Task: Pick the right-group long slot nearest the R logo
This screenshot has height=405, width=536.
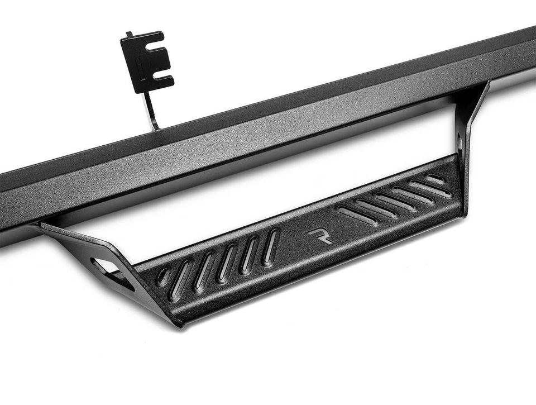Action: coord(357,216)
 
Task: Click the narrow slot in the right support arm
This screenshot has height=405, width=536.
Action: coord(460,142)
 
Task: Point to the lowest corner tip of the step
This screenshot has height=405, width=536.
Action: coord(179,325)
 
